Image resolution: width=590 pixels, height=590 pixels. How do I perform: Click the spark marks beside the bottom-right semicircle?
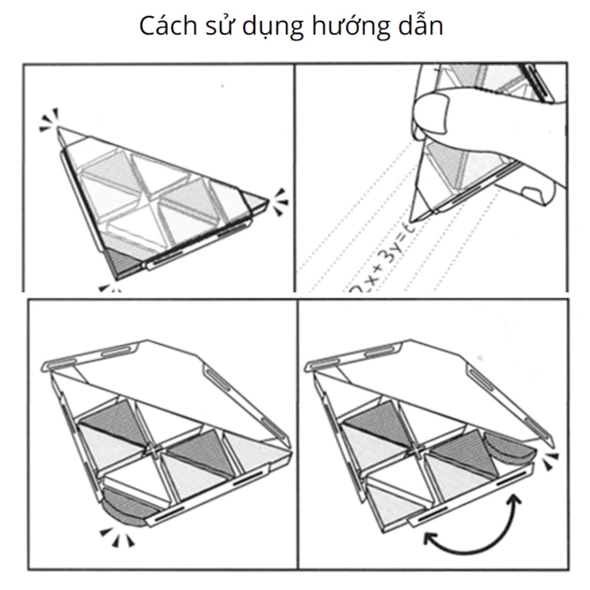(550, 461)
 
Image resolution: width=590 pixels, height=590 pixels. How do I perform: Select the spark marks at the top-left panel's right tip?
(279, 203)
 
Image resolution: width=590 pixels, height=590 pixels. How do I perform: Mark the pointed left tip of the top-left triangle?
(59, 131)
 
